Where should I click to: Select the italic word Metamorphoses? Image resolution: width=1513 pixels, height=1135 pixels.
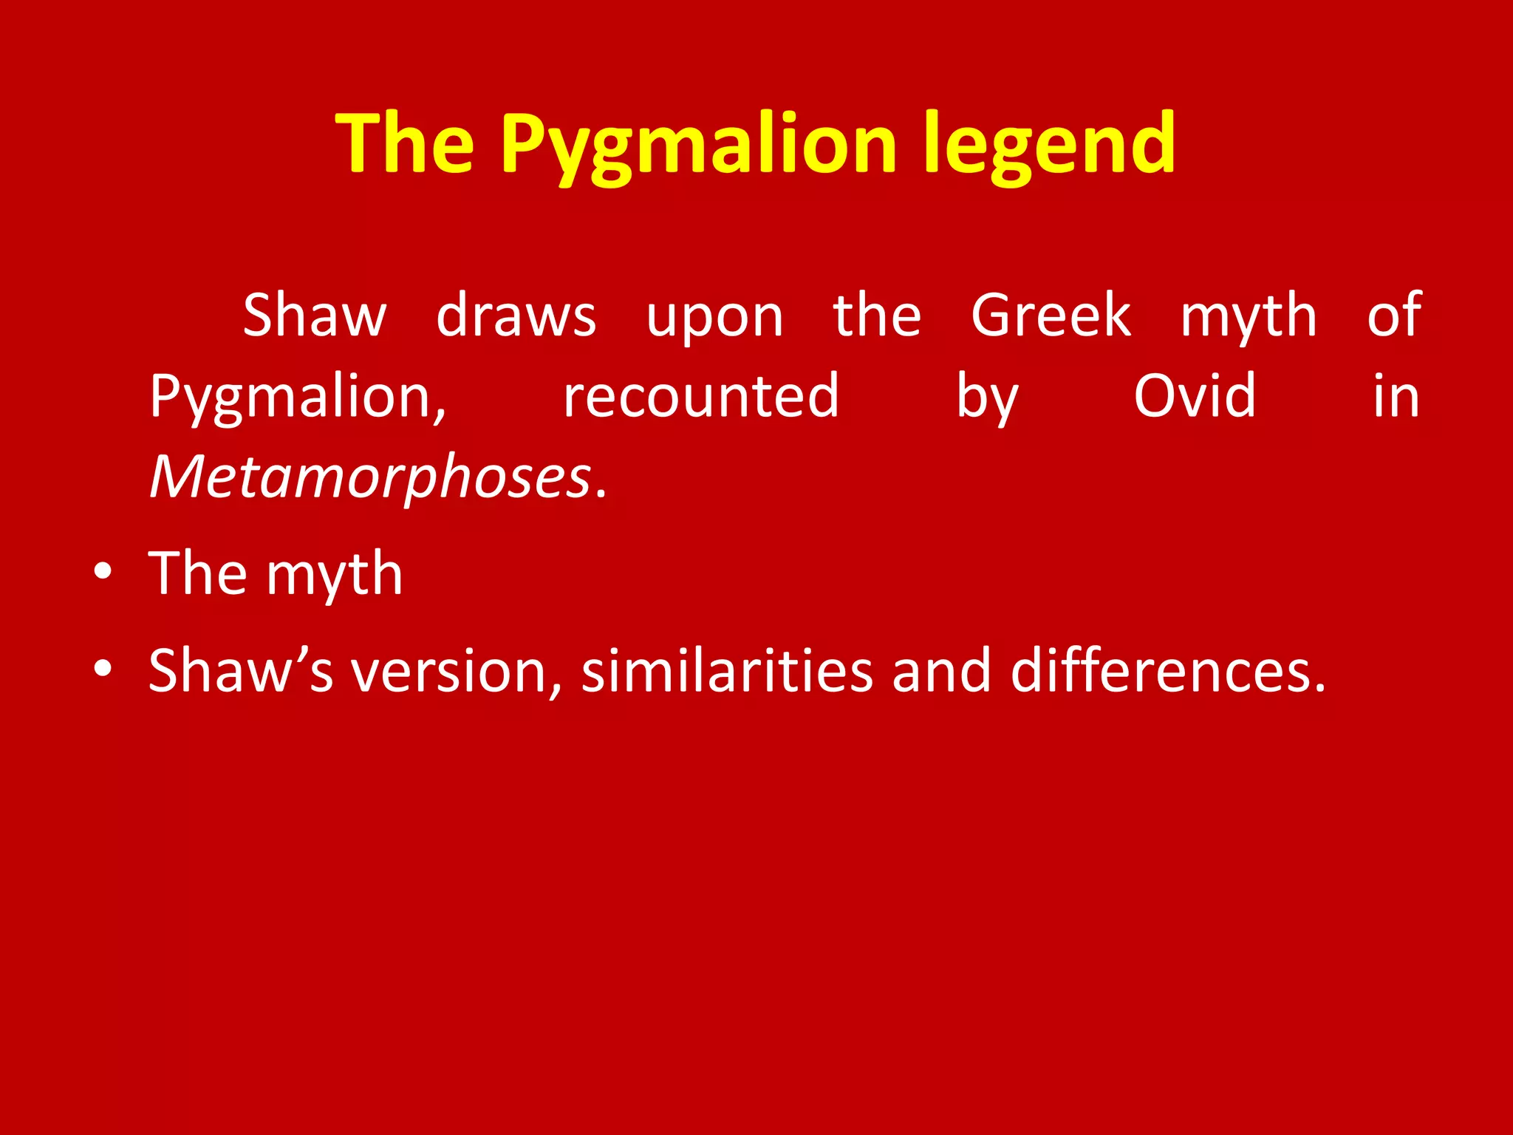(370, 477)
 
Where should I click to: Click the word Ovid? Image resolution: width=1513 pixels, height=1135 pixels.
(1194, 395)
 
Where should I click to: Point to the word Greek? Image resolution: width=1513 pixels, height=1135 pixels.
(1050, 315)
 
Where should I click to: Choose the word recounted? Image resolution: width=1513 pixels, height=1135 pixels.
(700, 395)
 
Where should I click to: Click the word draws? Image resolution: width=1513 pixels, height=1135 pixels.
(516, 315)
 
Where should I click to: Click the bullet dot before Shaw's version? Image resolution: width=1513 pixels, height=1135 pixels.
(103, 668)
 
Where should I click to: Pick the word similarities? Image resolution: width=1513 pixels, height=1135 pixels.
(726, 669)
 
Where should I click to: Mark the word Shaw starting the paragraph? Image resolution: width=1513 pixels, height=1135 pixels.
(314, 315)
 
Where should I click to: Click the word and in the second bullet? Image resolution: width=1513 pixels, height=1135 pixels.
(941, 669)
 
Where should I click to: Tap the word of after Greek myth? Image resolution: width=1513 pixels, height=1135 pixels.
(1393, 315)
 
